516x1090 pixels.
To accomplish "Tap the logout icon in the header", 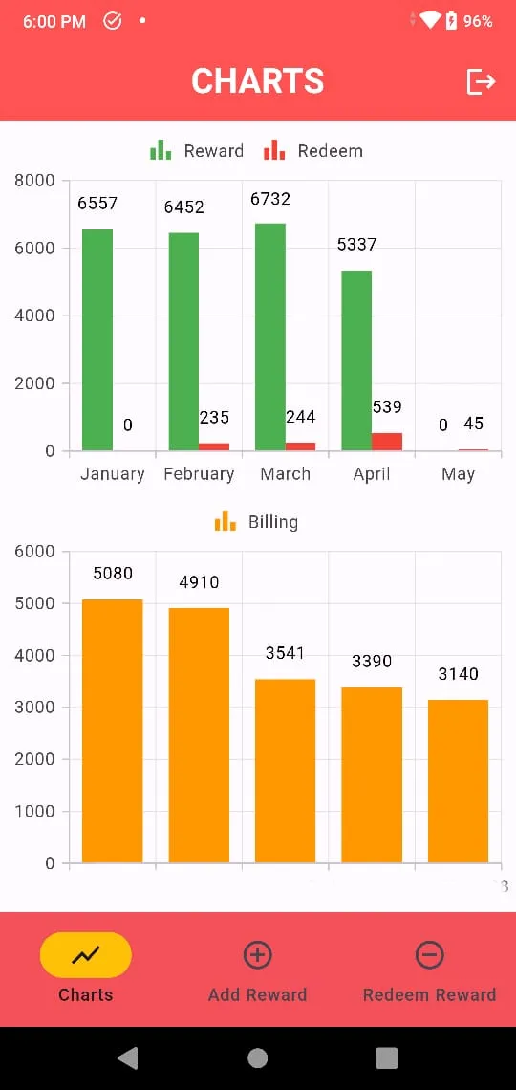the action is [x=481, y=81].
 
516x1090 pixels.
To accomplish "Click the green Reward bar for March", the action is [x=270, y=338].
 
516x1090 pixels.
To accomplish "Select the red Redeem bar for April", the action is [x=387, y=442].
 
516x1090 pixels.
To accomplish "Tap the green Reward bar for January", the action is [x=97, y=340].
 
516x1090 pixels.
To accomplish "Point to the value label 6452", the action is [x=184, y=207].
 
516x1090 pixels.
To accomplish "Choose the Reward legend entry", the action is [x=197, y=150].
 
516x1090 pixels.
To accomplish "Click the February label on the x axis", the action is [x=199, y=474].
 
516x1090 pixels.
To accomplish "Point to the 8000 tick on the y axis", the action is [x=34, y=181].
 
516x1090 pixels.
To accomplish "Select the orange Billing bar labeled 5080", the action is [x=113, y=731].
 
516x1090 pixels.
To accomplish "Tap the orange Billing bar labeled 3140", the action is [x=458, y=781].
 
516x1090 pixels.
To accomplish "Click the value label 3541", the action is [x=285, y=653].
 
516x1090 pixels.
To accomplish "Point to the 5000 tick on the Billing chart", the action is [x=34, y=603].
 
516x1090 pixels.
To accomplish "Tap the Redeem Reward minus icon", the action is [x=429, y=955].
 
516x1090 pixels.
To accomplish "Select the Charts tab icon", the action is [x=86, y=955].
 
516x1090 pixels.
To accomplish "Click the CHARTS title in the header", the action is [x=258, y=80].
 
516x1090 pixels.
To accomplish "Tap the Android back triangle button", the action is [x=128, y=1058].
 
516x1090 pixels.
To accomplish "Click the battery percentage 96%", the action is [x=478, y=22].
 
